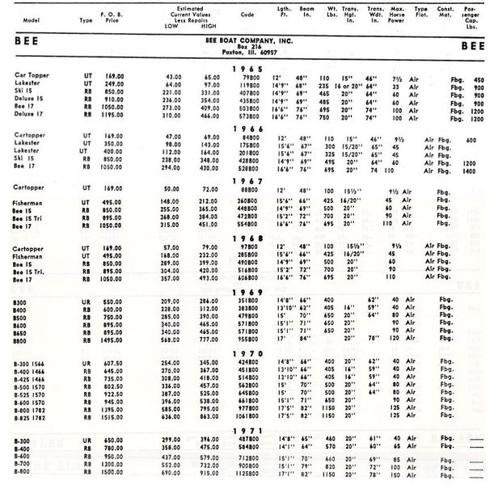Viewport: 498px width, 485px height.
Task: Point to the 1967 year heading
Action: (248, 181)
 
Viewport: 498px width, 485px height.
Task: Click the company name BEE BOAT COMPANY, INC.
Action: (248, 39)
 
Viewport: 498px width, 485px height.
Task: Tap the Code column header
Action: (247, 15)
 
